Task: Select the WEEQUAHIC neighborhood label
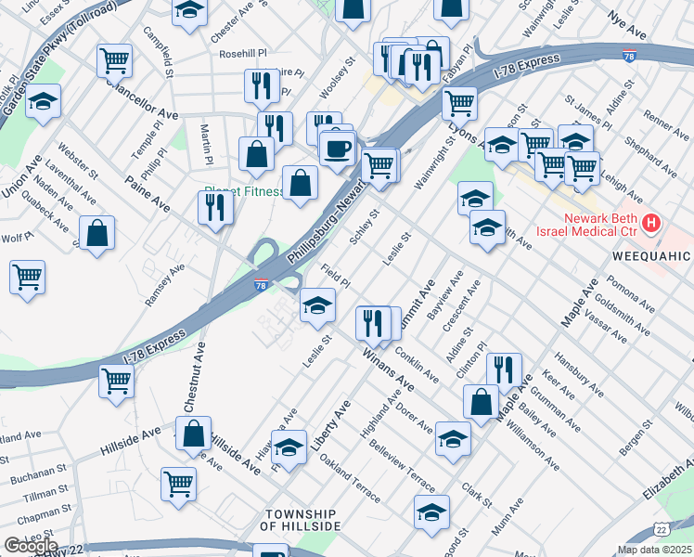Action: click(x=650, y=255)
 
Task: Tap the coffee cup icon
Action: click(x=338, y=148)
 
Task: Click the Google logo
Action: click(x=30, y=546)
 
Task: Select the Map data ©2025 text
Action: click(x=653, y=550)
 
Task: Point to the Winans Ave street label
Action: click(x=388, y=368)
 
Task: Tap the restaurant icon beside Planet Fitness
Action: click(x=215, y=210)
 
